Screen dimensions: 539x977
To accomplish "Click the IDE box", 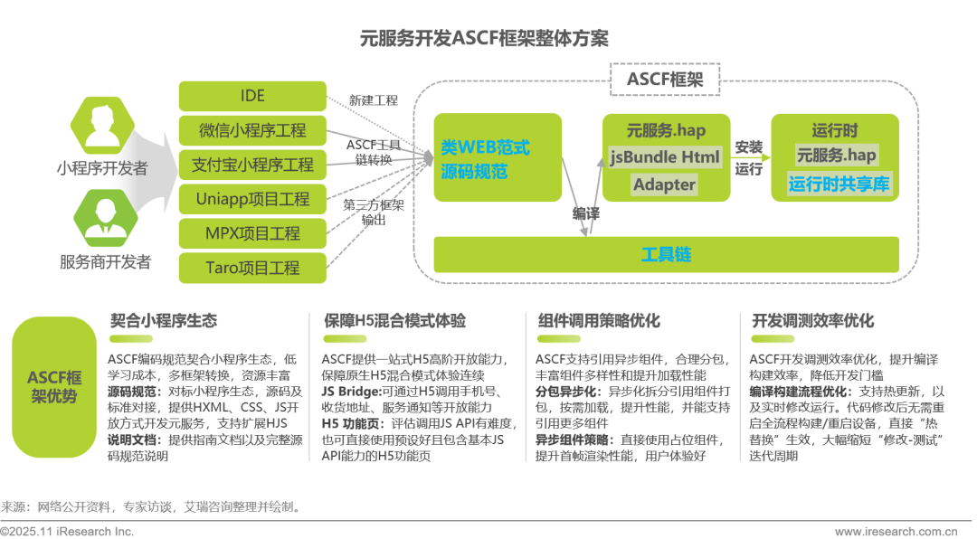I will click(x=252, y=96).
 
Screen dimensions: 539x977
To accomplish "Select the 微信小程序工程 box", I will click(x=252, y=130).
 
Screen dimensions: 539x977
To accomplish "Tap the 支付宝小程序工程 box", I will click(x=252, y=165).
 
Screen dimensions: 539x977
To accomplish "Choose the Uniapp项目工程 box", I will click(x=252, y=199).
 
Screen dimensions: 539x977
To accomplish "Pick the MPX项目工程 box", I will click(x=252, y=233).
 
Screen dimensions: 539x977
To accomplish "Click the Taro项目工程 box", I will click(x=252, y=268).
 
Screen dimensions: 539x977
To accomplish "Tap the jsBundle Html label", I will click(x=665, y=156).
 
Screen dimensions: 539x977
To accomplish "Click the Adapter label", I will click(x=665, y=184).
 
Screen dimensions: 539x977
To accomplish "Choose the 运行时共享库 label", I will click(x=839, y=184).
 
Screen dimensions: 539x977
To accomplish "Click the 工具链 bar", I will click(x=666, y=255).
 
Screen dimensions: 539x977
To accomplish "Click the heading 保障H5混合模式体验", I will click(x=395, y=321).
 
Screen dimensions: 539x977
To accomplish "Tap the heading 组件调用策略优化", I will click(x=598, y=321).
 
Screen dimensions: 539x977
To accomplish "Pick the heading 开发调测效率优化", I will click(x=812, y=321).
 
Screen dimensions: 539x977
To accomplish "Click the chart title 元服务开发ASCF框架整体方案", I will click(x=485, y=39).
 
